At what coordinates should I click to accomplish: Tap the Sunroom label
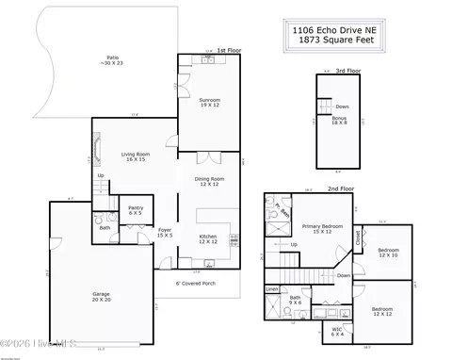pyautogui.click(x=209, y=102)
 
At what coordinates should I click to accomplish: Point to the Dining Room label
pyautogui.click(x=209, y=181)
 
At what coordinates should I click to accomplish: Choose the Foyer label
pyautogui.click(x=165, y=232)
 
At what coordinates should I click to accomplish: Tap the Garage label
pyautogui.click(x=101, y=296)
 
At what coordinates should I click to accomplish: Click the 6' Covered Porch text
pyautogui.click(x=198, y=282)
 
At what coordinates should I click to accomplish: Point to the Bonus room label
pyautogui.click(x=339, y=120)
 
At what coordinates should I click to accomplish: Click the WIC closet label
pyautogui.click(x=337, y=332)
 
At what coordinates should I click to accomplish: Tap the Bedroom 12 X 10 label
pyautogui.click(x=388, y=253)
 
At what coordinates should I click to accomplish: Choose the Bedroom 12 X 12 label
pyautogui.click(x=381, y=311)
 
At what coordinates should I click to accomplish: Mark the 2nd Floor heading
pyautogui.click(x=339, y=188)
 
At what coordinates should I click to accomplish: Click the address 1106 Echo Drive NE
pyautogui.click(x=339, y=31)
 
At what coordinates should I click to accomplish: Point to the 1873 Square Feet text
pyautogui.click(x=339, y=41)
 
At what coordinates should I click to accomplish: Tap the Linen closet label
pyautogui.click(x=272, y=289)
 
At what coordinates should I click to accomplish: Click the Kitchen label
pyautogui.click(x=208, y=239)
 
